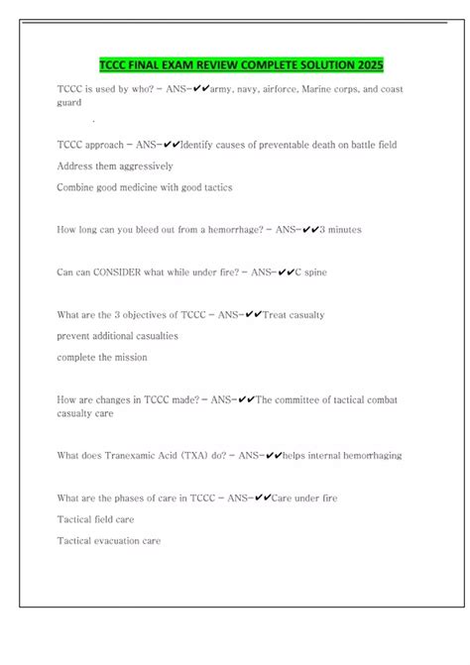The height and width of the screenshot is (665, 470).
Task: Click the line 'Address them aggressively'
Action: click(115, 166)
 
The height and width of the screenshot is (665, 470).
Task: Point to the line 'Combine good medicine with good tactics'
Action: click(151, 187)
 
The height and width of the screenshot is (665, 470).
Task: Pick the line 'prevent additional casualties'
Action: click(118, 336)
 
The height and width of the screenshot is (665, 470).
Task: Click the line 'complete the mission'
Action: click(102, 357)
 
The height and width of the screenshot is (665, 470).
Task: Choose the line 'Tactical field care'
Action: click(96, 519)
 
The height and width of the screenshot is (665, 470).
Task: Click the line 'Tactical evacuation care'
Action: click(108, 541)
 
